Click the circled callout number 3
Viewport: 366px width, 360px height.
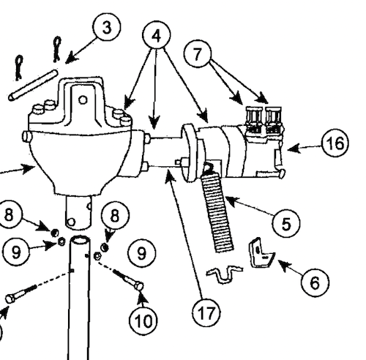pyautogui.click(x=107, y=29)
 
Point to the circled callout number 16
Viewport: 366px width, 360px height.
pyautogui.click(x=334, y=144)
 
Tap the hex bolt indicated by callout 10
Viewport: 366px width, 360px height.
pyautogui.click(x=130, y=281)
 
